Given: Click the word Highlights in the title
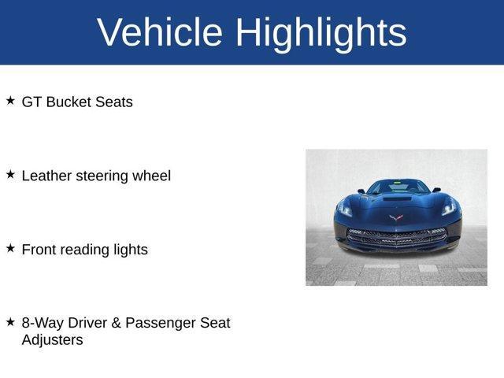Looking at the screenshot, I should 321,32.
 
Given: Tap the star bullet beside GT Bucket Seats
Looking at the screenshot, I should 10,101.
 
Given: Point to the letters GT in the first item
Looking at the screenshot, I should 31,102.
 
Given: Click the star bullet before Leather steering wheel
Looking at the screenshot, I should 10,175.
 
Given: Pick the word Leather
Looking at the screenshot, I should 46,176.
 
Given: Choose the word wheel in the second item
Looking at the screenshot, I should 153,176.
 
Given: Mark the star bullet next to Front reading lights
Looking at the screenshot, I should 10,248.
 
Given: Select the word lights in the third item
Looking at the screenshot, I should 131,250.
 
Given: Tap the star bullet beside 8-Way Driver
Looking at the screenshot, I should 10,322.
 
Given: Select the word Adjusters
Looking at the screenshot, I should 52,340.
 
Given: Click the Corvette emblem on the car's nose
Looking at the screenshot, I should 396,217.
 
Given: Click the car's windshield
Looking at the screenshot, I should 397,187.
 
